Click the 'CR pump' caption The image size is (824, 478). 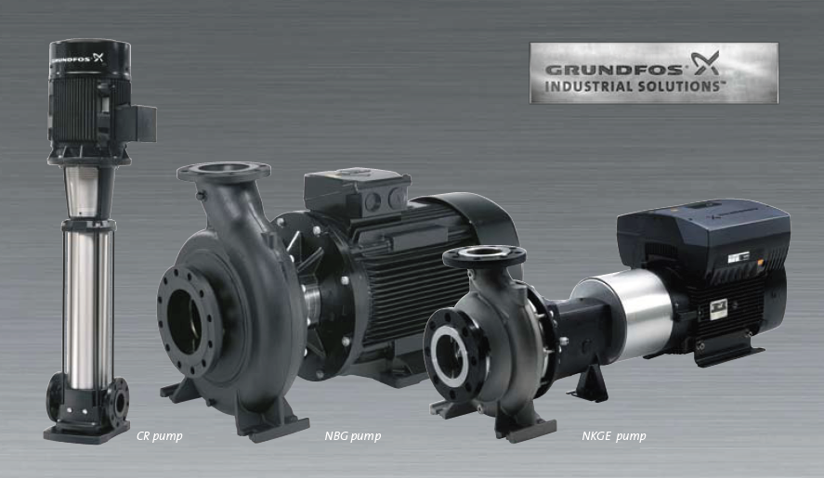[x=159, y=436]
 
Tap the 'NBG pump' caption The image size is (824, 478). [x=353, y=436]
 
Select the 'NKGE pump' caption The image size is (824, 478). [x=614, y=436]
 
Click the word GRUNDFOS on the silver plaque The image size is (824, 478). [x=614, y=70]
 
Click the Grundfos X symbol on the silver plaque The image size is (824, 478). [x=705, y=63]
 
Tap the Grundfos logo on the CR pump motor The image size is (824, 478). [x=78, y=58]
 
